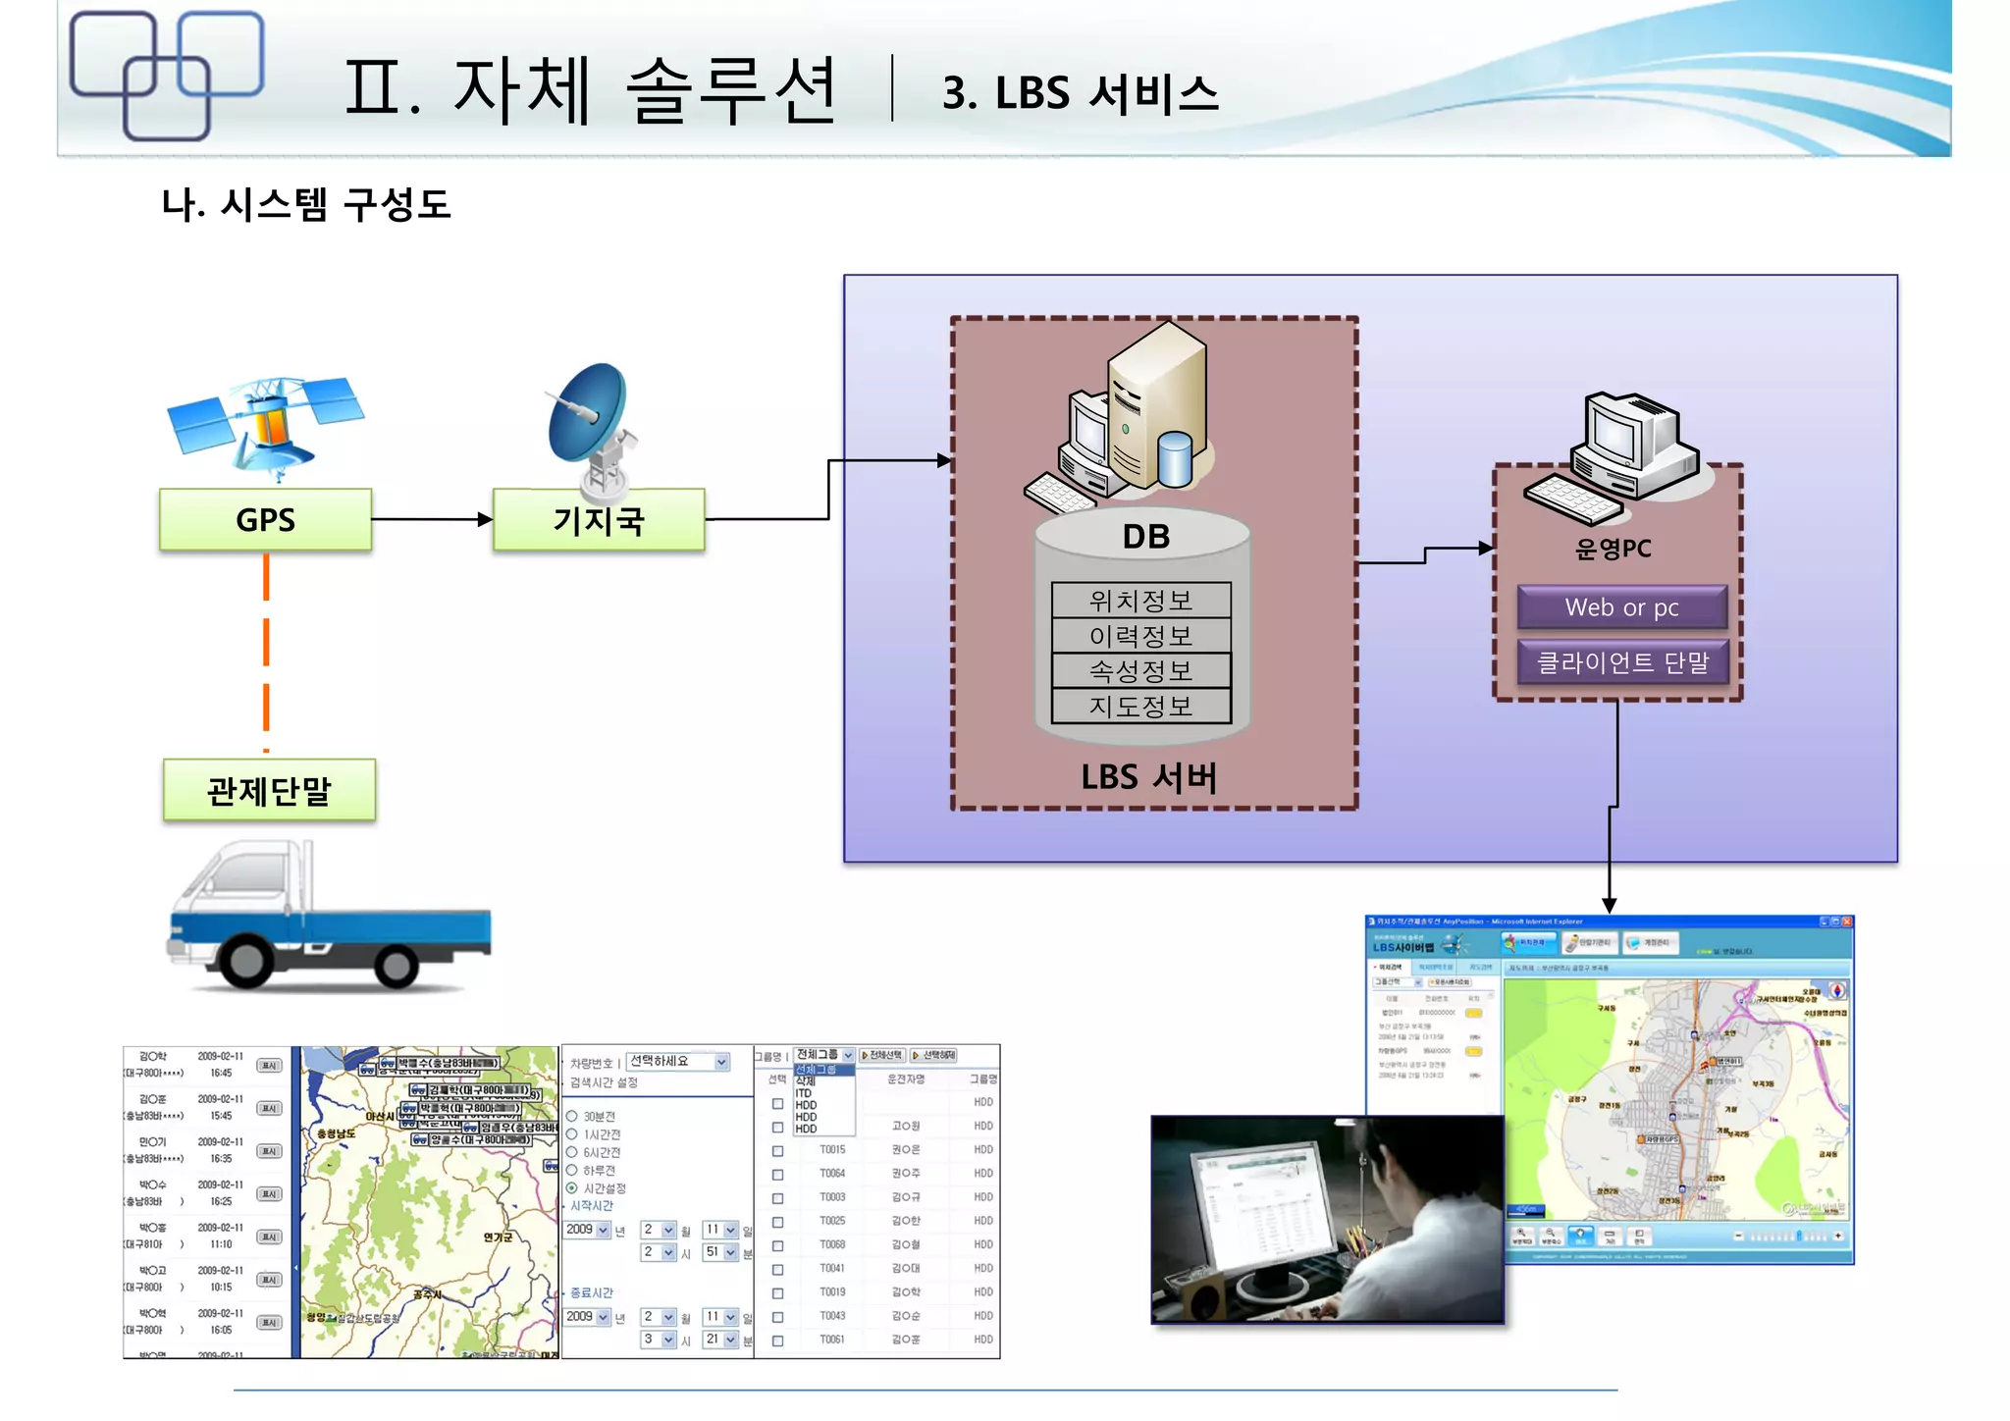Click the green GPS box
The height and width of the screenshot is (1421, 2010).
tap(265, 519)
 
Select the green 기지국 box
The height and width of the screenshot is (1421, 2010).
tap(599, 519)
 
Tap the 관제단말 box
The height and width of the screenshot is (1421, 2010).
tap(269, 790)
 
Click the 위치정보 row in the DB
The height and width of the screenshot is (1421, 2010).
tap(1140, 600)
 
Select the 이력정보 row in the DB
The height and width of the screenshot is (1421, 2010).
tap(1140, 635)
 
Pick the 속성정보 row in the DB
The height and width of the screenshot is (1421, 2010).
tap(1140, 670)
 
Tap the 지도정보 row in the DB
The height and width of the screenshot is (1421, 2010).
tap(1140, 706)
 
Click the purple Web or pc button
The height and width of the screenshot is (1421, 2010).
tap(1621, 607)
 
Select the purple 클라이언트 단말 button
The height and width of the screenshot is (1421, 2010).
tap(1621, 662)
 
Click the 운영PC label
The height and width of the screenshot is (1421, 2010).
tap(1613, 549)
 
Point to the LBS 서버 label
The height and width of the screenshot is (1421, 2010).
tap(1148, 777)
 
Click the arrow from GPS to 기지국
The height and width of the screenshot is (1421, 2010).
tap(432, 519)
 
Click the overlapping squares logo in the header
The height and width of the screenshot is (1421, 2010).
tap(167, 75)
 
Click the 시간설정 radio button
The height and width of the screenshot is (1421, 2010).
tap(572, 1188)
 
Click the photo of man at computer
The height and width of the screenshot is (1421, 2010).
tap(1327, 1219)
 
